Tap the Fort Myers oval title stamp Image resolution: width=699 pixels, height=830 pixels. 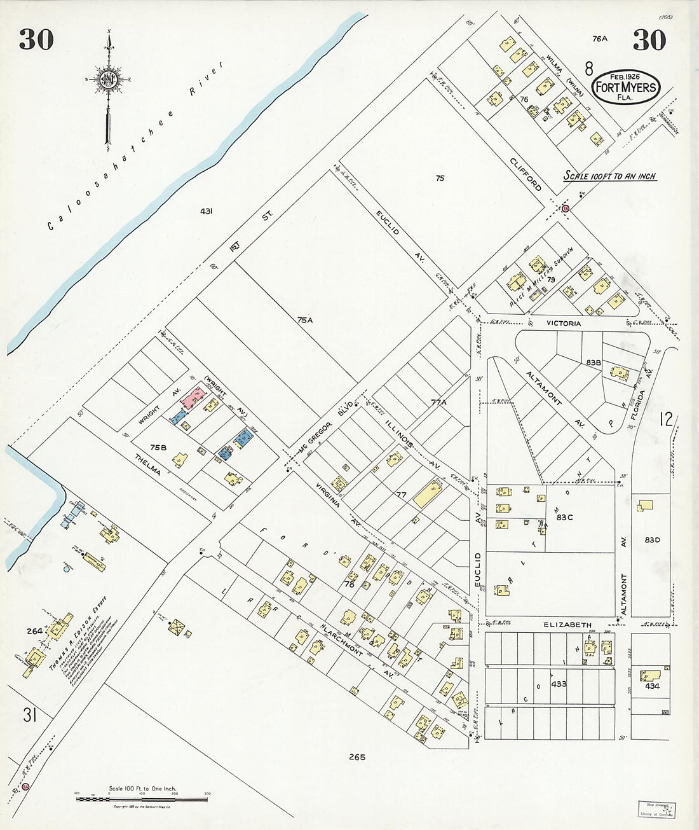click(625, 86)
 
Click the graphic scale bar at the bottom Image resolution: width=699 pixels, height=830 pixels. click(142, 798)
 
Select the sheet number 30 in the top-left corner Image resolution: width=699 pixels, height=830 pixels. click(36, 39)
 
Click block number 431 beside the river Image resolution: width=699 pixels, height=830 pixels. click(205, 211)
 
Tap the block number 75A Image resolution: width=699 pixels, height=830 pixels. click(305, 320)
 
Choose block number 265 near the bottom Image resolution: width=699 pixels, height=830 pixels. click(358, 757)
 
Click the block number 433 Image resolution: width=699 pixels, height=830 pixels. click(559, 684)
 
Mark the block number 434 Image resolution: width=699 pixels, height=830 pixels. click(652, 686)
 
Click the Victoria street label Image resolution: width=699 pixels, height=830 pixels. click(564, 324)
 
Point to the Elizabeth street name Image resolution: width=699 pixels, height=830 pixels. click(567, 625)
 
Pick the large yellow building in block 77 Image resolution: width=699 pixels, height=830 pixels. click(429, 494)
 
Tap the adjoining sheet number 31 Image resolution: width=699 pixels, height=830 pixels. click(29, 716)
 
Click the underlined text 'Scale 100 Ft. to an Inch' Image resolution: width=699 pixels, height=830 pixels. click(610, 176)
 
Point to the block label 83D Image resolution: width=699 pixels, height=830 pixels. click(653, 540)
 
